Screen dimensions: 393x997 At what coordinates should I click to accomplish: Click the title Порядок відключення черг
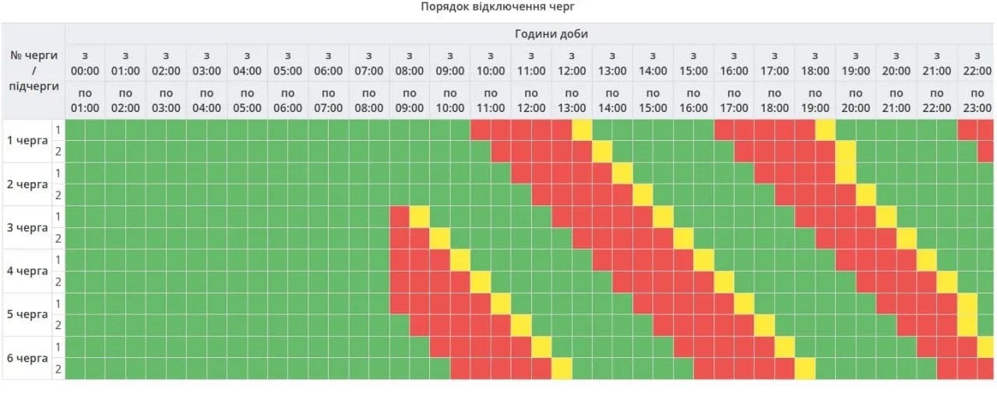pos(498,7)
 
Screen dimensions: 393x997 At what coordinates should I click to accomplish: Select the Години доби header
pos(551,33)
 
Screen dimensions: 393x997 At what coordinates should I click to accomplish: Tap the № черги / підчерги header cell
pos(33,71)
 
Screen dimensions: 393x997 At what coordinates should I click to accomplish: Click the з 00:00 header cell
pos(85,63)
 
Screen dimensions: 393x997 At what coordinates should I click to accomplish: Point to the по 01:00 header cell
pos(85,100)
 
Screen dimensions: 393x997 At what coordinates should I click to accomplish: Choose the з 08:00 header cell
pos(409,63)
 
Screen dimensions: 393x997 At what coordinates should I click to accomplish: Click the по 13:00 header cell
pos(572,100)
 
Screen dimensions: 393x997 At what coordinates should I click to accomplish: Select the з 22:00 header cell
pos(976,63)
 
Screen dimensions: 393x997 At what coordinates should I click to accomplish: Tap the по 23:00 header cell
pos(976,100)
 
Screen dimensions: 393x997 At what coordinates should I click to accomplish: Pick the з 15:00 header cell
pos(693,63)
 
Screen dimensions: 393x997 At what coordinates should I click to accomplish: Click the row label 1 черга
pos(26,141)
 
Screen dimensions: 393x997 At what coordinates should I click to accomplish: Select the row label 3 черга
pos(26,228)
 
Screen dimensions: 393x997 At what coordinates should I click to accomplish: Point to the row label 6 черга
pos(26,358)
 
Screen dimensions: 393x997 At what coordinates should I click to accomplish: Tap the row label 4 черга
pos(26,272)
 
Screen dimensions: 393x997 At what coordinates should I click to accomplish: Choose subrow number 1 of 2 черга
pos(58,174)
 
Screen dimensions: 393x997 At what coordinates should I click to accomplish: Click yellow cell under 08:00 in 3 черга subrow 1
pos(420,216)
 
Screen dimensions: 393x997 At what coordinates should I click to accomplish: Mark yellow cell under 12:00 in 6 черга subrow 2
pos(562,368)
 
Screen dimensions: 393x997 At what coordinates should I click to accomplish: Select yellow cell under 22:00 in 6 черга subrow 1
pos(986,346)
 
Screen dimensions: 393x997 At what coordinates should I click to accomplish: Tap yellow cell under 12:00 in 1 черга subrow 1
pos(582,130)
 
